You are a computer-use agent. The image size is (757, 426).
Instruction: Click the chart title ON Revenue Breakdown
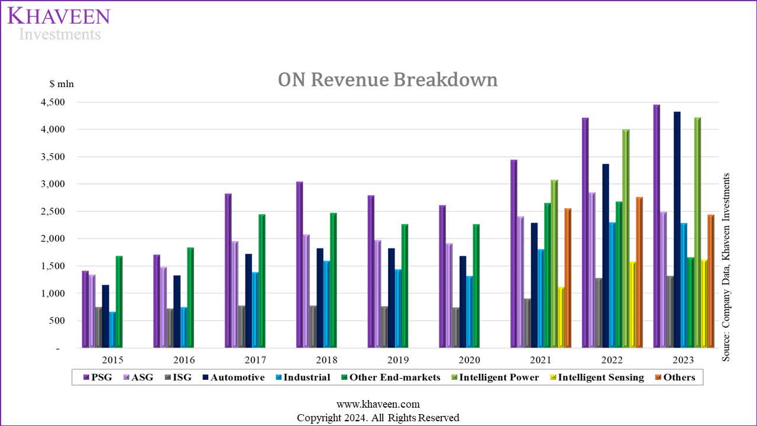pos(387,79)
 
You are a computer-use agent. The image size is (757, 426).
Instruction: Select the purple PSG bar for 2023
pos(656,226)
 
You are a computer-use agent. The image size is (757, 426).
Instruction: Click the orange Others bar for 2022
pos(639,272)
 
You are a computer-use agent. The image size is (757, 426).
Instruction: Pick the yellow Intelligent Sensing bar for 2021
pos(561,317)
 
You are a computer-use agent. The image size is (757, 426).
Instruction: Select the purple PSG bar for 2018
pos(299,264)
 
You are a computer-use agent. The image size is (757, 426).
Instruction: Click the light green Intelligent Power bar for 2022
pos(625,238)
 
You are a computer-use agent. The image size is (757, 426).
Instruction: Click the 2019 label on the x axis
pos(398,360)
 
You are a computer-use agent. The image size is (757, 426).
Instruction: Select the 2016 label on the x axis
pos(184,360)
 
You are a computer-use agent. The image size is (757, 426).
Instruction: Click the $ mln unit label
pos(62,83)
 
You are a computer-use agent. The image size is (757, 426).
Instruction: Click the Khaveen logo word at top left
pos(59,16)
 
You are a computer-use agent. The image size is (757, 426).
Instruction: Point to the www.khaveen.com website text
pos(378,404)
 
